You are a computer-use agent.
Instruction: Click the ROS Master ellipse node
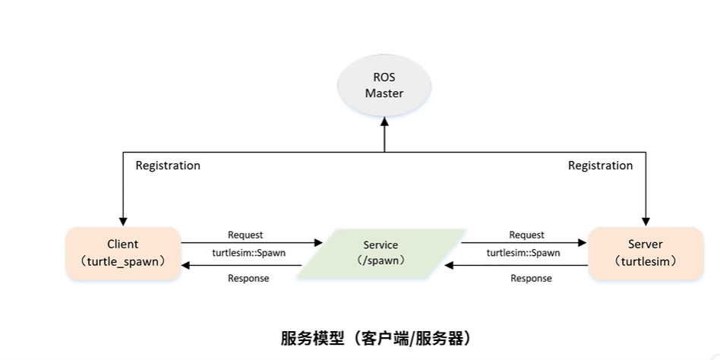tap(384, 85)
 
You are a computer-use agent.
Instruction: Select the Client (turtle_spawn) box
tap(123, 253)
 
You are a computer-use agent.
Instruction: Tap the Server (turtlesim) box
tap(646, 253)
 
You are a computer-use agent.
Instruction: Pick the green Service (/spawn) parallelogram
tap(381, 253)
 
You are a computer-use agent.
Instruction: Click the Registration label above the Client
tap(168, 166)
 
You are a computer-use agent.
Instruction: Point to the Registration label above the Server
tap(601, 166)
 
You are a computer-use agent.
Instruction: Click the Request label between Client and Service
tap(245, 235)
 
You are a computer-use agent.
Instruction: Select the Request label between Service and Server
tap(526, 235)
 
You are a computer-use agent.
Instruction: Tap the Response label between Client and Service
tap(248, 278)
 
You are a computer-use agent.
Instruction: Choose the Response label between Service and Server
tap(532, 278)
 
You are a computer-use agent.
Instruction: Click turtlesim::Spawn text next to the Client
tap(248, 253)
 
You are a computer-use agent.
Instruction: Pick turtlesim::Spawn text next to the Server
tap(523, 253)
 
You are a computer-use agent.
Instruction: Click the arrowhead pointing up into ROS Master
tap(385, 121)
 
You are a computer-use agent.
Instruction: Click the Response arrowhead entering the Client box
tap(185, 265)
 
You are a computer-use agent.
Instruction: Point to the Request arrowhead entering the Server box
tap(583, 242)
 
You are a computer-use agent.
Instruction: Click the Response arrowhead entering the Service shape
tap(449, 265)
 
